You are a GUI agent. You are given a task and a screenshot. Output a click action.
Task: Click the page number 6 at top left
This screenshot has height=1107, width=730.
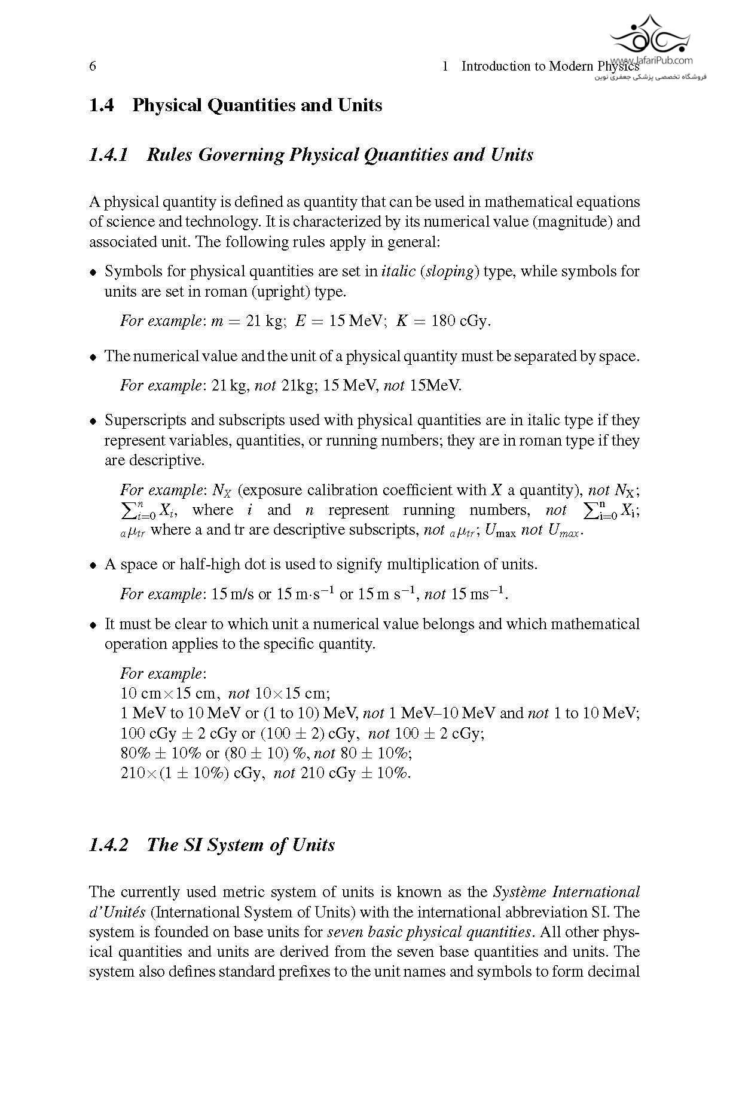tap(93, 66)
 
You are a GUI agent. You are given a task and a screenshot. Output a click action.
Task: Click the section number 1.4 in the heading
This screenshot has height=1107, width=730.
tap(101, 105)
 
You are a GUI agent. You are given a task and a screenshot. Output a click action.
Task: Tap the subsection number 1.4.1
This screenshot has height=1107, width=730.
tap(109, 155)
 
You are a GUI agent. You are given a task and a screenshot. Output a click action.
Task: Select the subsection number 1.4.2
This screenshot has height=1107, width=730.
tap(109, 844)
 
